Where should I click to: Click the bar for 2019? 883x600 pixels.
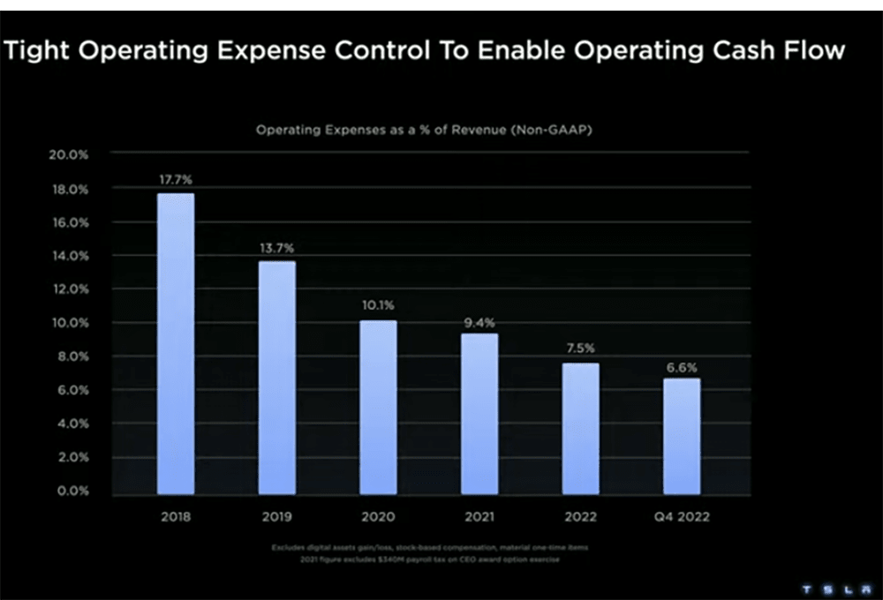(x=277, y=377)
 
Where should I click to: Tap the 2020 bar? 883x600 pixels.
(x=378, y=407)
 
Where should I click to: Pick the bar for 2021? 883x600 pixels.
(x=479, y=413)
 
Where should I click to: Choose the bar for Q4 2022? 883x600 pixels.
(x=682, y=436)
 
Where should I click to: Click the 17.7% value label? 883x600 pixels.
(x=176, y=180)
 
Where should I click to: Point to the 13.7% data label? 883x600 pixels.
(x=277, y=248)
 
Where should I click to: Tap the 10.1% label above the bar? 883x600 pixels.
(x=378, y=306)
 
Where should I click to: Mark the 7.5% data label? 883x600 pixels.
(x=581, y=349)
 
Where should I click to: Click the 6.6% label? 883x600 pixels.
(x=682, y=365)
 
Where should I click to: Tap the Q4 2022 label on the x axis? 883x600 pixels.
(x=682, y=516)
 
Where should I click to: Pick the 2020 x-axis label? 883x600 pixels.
(x=378, y=516)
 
